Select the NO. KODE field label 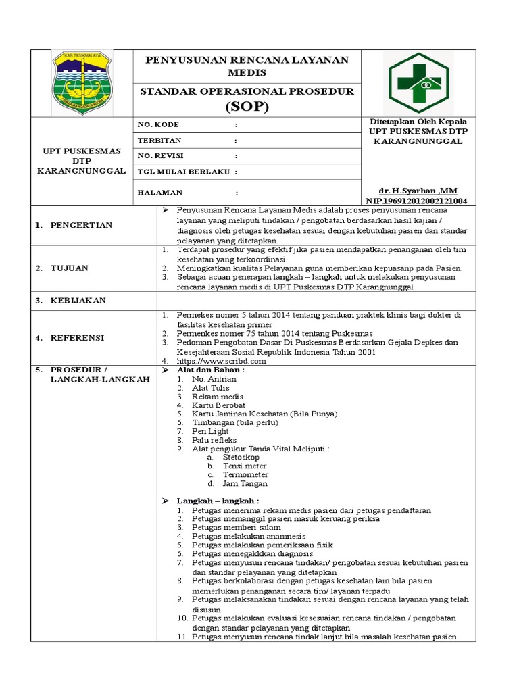[x=158, y=125]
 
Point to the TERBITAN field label [x=159, y=141]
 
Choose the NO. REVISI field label [x=161, y=156]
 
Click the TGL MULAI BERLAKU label [x=184, y=172]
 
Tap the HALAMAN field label [x=160, y=192]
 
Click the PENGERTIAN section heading [x=83, y=225]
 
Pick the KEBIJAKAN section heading [x=78, y=300]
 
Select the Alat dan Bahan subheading [x=211, y=370]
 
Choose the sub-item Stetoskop [x=242, y=458]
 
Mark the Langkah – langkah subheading [x=218, y=501]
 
